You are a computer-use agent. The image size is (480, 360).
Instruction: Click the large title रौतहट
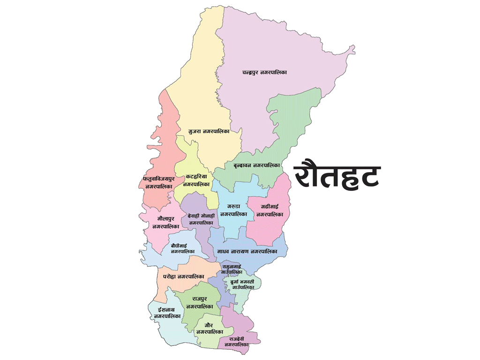(x=337, y=176)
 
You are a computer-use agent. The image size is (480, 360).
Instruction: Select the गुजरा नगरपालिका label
(x=209, y=131)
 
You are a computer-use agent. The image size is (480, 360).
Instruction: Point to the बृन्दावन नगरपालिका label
(x=256, y=165)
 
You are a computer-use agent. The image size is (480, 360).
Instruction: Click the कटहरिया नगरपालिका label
(x=196, y=180)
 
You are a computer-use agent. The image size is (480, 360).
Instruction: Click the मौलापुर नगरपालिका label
(x=163, y=222)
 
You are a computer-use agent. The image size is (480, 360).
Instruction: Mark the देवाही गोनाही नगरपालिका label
(x=201, y=219)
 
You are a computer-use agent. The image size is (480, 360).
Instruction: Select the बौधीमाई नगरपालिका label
(x=182, y=248)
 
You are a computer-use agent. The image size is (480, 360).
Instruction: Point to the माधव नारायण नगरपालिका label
(x=247, y=252)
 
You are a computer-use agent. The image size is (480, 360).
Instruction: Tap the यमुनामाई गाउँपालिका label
(x=232, y=269)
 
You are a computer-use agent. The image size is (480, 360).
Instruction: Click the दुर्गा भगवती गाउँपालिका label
(x=243, y=284)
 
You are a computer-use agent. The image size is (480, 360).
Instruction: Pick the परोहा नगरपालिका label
(x=184, y=277)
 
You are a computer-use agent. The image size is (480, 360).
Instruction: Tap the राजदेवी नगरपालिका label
(x=236, y=342)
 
